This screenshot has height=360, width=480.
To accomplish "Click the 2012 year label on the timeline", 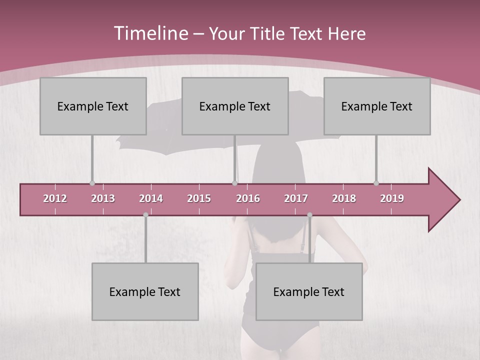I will [x=55, y=198].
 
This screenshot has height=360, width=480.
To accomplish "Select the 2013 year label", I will [x=103, y=198].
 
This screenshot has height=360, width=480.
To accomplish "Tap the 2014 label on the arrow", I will [x=151, y=198].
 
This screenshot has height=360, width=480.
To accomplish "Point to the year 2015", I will [x=199, y=198].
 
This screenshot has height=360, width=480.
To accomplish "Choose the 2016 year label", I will [x=248, y=198].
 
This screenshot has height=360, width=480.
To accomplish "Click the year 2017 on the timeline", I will [x=296, y=198].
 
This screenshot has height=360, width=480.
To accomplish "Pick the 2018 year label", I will [x=344, y=198].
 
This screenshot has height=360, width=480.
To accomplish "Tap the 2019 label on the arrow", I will [x=392, y=198].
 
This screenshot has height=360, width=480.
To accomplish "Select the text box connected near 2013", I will [x=93, y=106].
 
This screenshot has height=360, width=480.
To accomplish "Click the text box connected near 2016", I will [x=235, y=106].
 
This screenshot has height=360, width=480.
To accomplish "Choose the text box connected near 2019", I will [x=377, y=106].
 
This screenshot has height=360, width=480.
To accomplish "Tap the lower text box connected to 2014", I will [x=145, y=291].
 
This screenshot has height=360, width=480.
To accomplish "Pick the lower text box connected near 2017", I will [x=309, y=291].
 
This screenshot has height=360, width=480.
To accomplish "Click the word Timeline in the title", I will [x=150, y=33].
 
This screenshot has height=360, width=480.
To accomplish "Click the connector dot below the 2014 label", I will [x=145, y=215].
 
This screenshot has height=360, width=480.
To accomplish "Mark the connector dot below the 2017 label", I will [x=309, y=215].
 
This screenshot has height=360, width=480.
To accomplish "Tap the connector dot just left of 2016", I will [x=234, y=183].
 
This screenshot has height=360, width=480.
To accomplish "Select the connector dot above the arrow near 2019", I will [x=376, y=183].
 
